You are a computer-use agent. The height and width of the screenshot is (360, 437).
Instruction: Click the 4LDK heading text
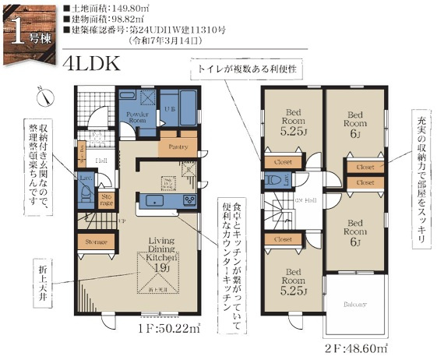tap(93, 63)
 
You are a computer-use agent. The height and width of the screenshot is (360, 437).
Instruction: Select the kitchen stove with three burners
tap(190, 201)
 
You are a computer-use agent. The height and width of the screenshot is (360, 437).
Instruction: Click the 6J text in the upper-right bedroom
tap(355, 133)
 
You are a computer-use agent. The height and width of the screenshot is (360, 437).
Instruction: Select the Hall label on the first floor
tap(102, 160)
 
